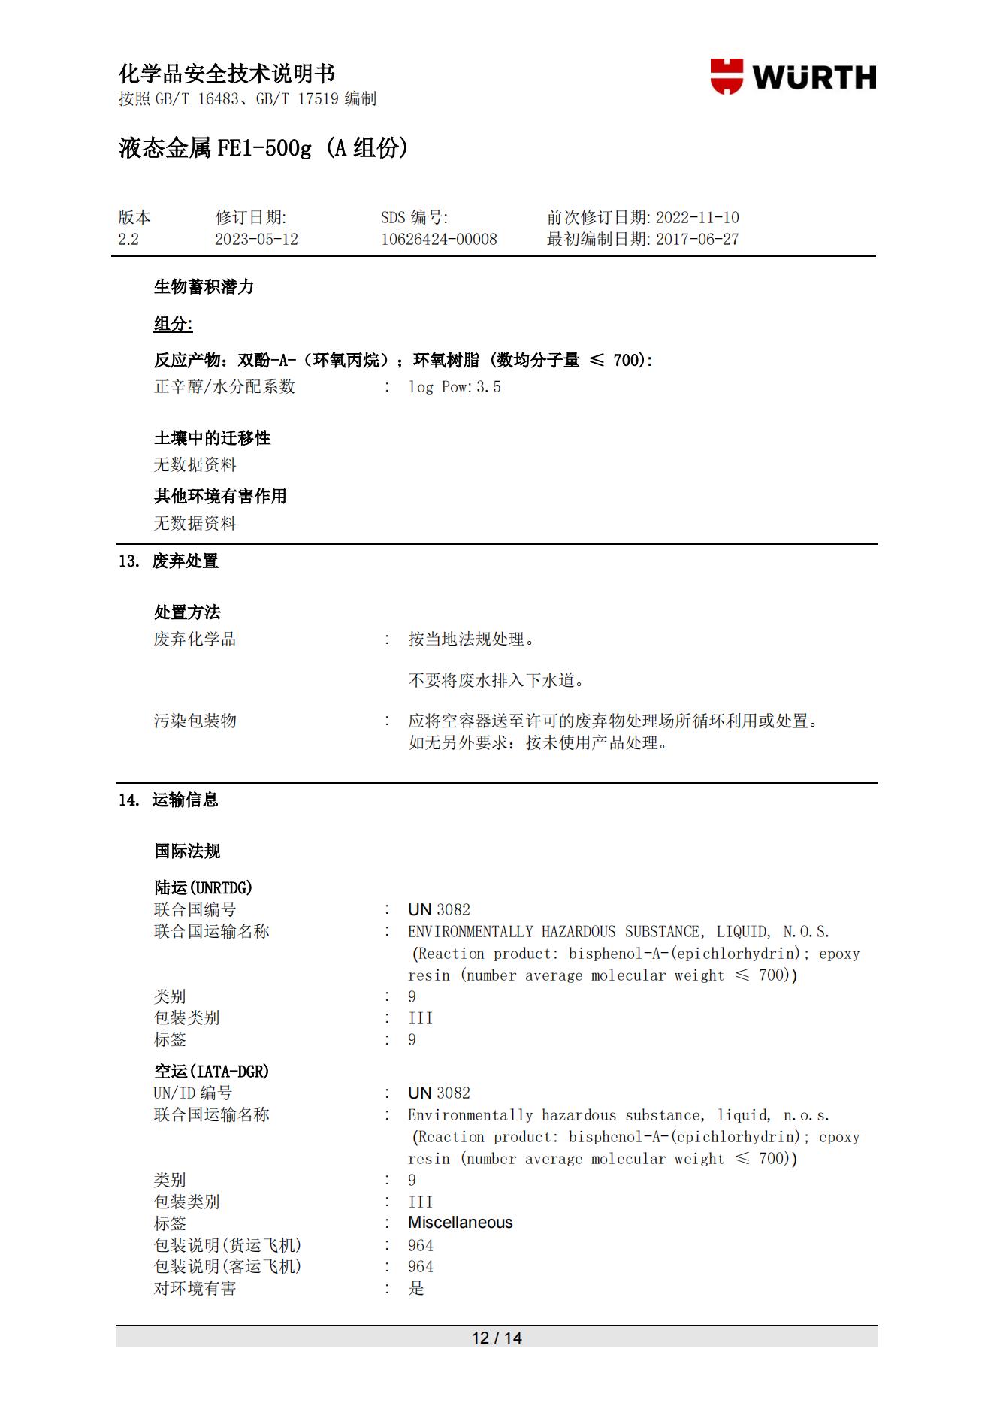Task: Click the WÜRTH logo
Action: [793, 77]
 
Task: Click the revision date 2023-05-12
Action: [256, 240]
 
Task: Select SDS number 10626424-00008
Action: [439, 240]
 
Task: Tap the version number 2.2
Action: [128, 240]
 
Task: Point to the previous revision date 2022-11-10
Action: [696, 218]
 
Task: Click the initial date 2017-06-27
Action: [696, 240]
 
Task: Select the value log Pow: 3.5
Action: [454, 387]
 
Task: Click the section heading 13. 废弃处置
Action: [168, 561]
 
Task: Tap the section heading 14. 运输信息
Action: [168, 800]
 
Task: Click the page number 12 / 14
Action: [496, 1338]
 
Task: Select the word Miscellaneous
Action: [460, 1223]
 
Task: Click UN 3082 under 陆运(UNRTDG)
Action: [439, 910]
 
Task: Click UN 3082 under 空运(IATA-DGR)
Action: [439, 1093]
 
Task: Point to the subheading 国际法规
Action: [187, 851]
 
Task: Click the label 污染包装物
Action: [195, 721]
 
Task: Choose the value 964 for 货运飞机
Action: [420, 1245]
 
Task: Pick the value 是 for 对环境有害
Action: [416, 1288]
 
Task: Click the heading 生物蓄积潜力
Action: [204, 287]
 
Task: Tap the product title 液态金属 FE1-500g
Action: [214, 148]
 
